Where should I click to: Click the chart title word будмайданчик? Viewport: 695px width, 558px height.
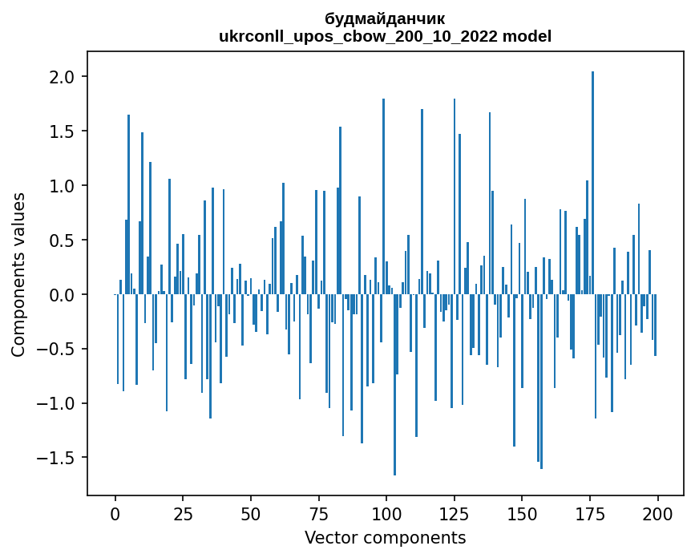(385, 18)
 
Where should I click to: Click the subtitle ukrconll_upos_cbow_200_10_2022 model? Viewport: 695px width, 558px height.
(385, 36)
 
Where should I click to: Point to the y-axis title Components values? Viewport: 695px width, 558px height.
(18, 274)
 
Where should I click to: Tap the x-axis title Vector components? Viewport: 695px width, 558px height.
(385, 537)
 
